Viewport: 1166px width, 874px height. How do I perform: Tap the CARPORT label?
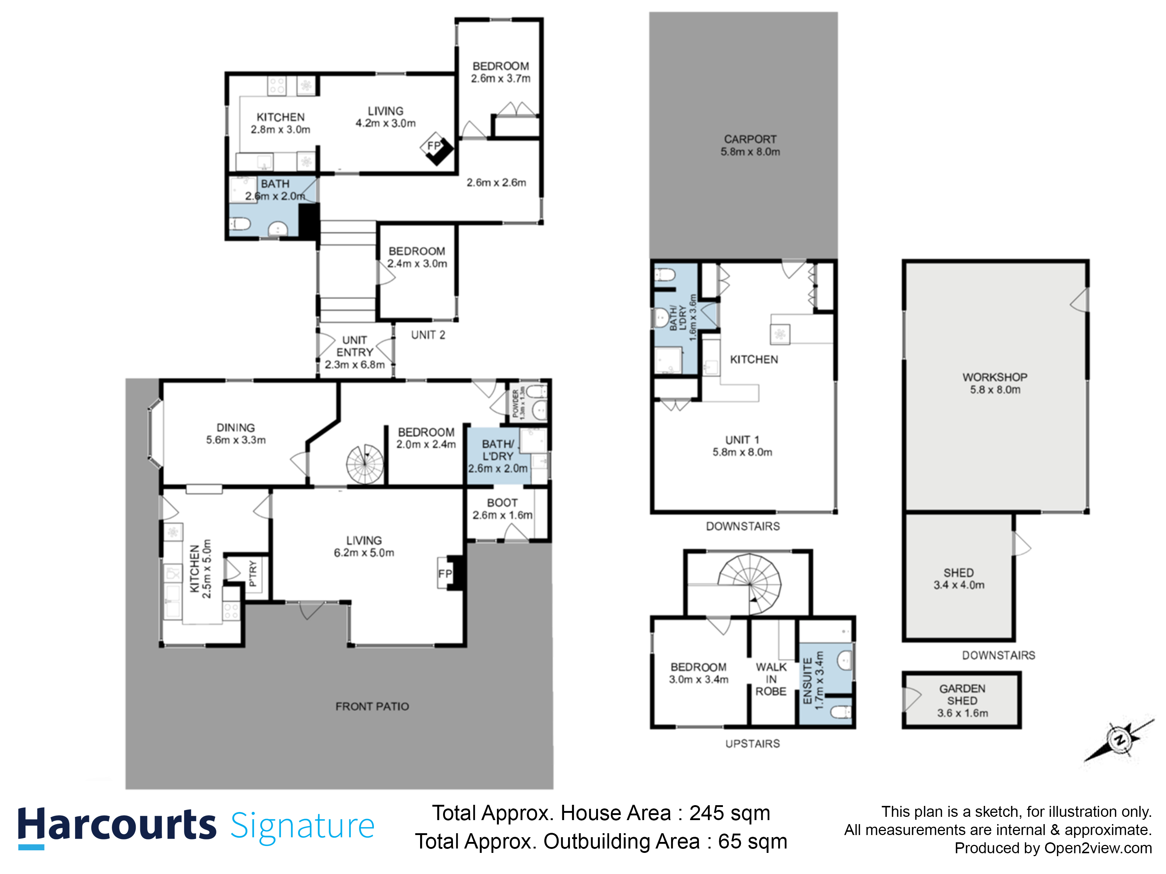tap(750, 139)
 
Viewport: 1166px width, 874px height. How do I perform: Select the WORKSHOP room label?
tap(995, 377)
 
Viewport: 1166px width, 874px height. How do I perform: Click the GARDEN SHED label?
tap(962, 694)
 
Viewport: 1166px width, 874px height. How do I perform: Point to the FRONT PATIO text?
tap(372, 706)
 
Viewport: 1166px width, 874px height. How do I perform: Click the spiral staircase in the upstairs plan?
tap(750, 584)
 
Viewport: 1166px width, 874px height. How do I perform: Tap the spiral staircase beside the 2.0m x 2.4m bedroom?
tap(365, 464)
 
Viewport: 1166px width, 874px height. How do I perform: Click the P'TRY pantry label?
tap(253, 574)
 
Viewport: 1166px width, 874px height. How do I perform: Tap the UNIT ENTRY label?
tap(355, 346)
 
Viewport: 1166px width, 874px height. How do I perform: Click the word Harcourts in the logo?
tap(117, 824)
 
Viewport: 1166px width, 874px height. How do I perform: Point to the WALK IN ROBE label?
tap(771, 679)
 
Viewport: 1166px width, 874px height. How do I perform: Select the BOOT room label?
tap(502, 503)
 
